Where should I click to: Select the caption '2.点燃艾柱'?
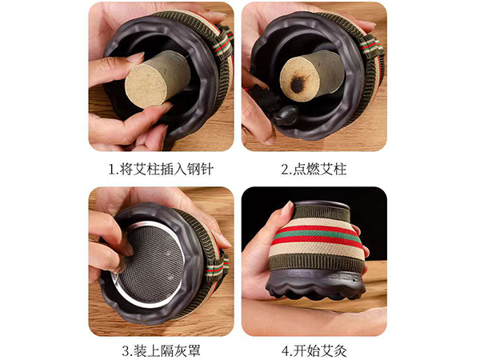coord(314,169)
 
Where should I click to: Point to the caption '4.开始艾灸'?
coord(314,350)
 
